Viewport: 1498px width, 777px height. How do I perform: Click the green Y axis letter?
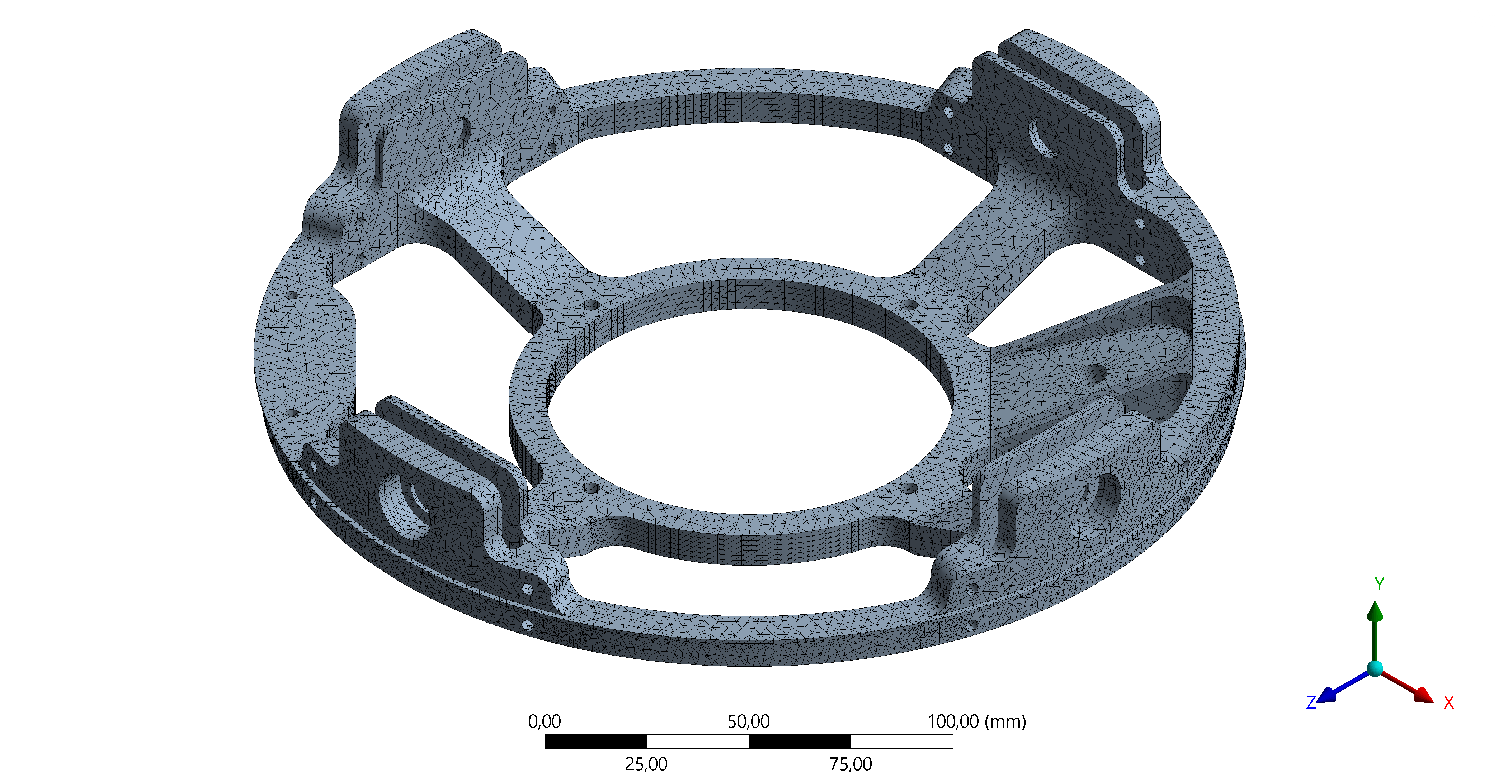pos(1379,583)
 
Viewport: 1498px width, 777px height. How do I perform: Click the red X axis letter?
pos(1448,702)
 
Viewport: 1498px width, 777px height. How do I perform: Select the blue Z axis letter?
pos(1311,702)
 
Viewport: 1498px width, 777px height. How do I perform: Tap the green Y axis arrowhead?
pos(1375,611)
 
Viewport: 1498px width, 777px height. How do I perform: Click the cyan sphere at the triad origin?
pos(1375,668)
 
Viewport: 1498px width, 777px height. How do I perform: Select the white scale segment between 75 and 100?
pos(901,741)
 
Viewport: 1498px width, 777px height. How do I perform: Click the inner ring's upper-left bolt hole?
pos(592,305)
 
